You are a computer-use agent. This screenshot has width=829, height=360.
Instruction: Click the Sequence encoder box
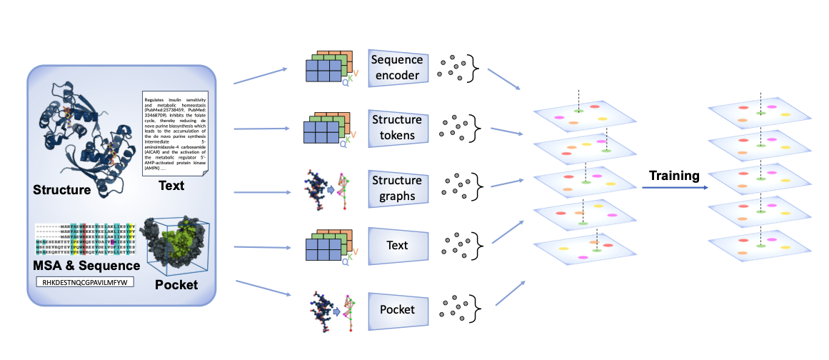pos(398,66)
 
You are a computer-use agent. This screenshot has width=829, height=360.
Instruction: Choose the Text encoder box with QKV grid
pos(398,246)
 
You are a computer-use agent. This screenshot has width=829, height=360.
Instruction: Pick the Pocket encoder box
pos(398,309)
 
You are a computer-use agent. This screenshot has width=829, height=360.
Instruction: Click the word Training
pos(673,176)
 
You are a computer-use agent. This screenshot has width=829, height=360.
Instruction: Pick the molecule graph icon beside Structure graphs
pos(328,189)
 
